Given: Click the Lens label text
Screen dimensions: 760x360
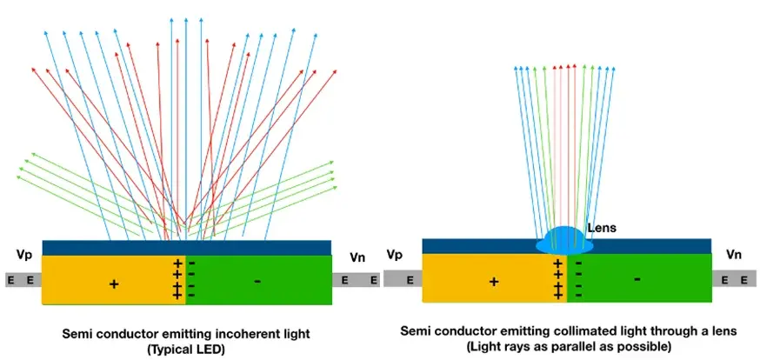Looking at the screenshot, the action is (x=602, y=227).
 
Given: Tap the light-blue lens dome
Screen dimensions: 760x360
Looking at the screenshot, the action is (x=564, y=241).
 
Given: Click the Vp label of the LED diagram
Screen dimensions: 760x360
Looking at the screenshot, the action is (x=24, y=256).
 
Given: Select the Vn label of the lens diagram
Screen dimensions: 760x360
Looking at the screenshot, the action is (x=734, y=255).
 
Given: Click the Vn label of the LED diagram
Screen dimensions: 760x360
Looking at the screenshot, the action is (x=357, y=257).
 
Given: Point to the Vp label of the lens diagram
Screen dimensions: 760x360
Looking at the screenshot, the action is (x=395, y=255).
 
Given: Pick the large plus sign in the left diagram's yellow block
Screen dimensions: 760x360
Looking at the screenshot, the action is (x=114, y=284).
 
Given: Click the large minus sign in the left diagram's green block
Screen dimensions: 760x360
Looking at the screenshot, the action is (x=257, y=281).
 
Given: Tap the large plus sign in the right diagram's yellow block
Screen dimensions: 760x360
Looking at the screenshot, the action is (x=494, y=282).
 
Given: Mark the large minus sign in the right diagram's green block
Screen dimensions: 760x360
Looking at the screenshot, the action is (x=637, y=279).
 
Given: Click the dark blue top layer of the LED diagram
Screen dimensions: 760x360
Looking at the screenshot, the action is (x=187, y=248).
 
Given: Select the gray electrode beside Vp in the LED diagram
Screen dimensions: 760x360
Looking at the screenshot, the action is (x=23, y=280).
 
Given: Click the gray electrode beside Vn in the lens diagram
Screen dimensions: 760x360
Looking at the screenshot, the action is (x=734, y=278).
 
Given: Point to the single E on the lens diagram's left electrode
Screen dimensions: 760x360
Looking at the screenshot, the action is (x=410, y=279).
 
